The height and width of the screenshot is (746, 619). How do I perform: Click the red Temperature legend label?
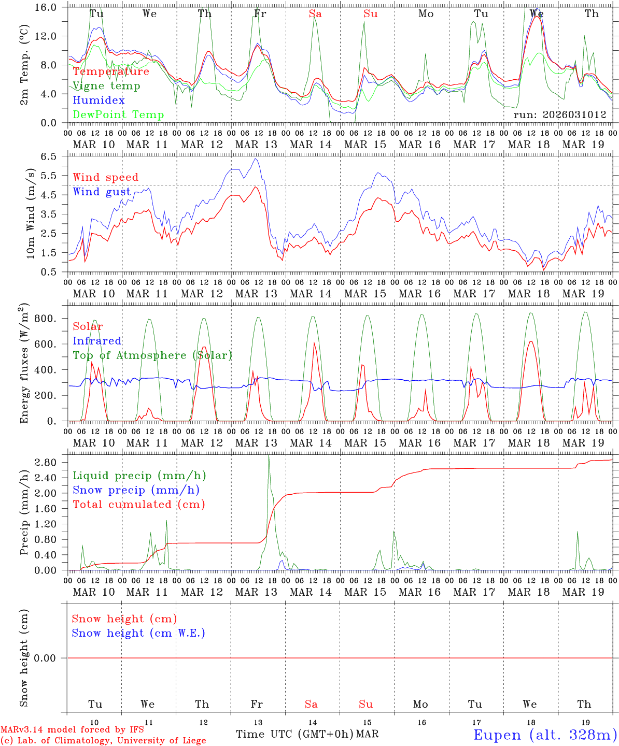click(111, 71)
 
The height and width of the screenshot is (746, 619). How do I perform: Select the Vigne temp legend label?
click(106, 86)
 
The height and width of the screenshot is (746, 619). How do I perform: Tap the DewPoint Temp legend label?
click(118, 115)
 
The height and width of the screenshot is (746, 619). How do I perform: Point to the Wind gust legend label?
click(102, 192)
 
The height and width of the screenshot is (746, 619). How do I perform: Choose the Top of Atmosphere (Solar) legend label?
click(152, 355)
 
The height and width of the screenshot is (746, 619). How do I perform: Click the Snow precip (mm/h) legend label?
click(136, 490)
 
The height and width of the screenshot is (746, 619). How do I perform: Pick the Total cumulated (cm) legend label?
click(138, 505)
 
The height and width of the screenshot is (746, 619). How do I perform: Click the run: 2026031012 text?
click(559, 115)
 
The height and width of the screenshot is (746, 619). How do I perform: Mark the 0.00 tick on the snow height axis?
click(51, 658)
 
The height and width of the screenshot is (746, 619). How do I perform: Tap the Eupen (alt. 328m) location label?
click(544, 735)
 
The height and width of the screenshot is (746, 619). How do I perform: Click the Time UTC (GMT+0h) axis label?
click(294, 734)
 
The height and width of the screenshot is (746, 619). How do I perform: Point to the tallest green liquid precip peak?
click(268, 455)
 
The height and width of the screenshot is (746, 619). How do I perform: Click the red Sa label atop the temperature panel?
click(315, 14)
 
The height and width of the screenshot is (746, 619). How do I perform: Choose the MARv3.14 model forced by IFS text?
click(72, 730)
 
